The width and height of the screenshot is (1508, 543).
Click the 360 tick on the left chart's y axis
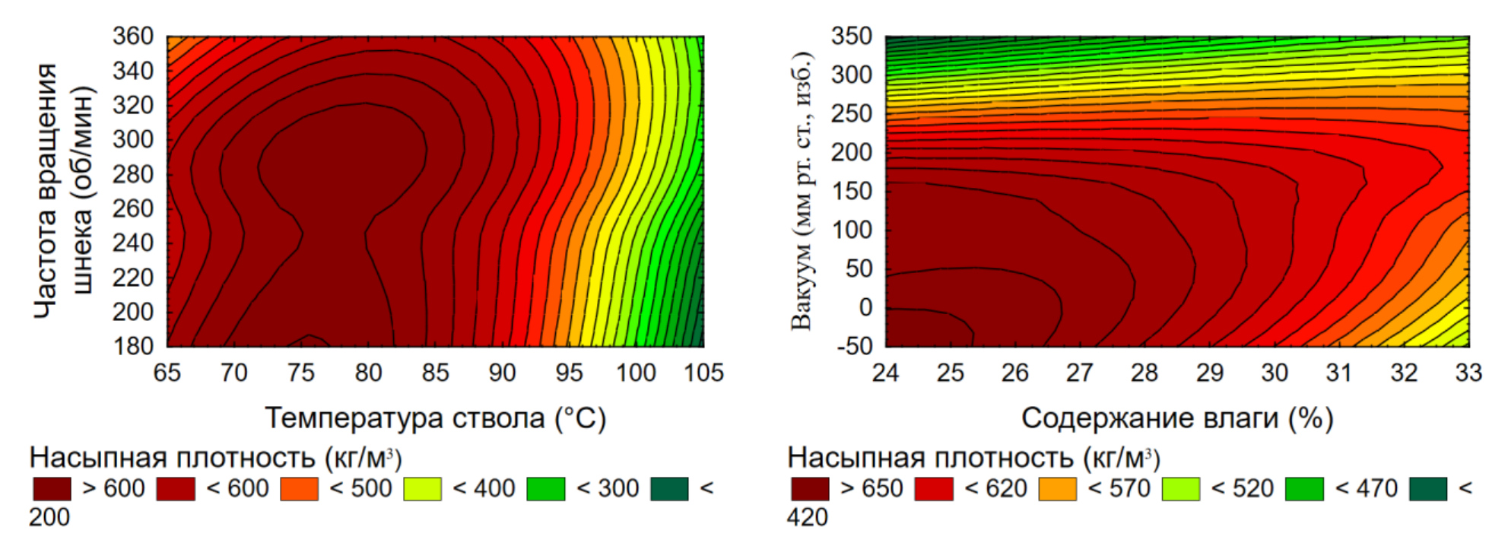pos(133,36)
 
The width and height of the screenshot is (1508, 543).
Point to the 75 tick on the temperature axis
pos(301,373)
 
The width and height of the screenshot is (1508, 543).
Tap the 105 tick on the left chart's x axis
pos(703,373)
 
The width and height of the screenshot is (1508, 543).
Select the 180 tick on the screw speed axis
pos(133,346)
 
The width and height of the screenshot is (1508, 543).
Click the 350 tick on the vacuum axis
pos(852,36)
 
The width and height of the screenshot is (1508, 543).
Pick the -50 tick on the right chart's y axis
pos(854,346)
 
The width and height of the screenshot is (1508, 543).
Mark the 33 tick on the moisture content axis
pos(1468,373)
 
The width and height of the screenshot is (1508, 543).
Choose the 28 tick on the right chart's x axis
pos(1144,373)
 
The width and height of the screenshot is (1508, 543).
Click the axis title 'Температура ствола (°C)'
pos(435,418)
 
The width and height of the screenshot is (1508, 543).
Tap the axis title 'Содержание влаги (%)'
pos(1176,418)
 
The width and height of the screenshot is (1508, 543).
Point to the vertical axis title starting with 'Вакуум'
pos(802,191)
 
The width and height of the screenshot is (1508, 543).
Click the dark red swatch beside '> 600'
pos(52,489)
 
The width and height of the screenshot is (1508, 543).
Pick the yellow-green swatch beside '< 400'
pos(422,489)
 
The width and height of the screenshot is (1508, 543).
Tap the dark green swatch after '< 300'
pos(669,489)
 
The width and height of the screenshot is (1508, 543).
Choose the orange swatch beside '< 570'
pos(1057,489)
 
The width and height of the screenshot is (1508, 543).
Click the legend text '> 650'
pos(871,488)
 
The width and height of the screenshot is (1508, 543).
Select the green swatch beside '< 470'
pos(1304,489)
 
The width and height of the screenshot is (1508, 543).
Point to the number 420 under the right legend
pos(808,517)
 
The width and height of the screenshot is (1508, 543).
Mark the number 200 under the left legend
pos(49,517)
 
